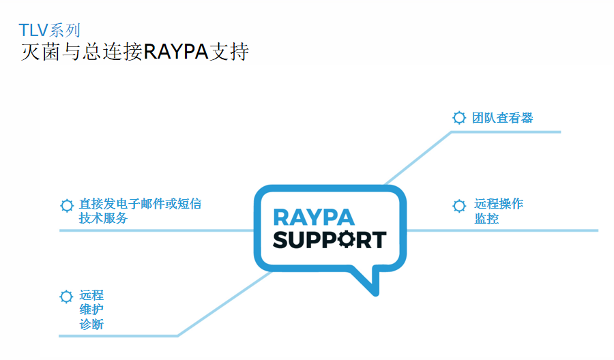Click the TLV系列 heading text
click(50, 30)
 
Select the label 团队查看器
click(503, 117)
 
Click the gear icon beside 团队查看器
click(459, 117)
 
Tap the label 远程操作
click(499, 204)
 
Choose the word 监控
click(486, 219)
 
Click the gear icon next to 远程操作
click(460, 205)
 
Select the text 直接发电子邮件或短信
click(140, 204)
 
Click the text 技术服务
click(103, 218)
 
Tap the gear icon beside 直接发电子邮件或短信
click(67, 205)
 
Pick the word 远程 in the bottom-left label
click(91, 295)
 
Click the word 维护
click(91, 310)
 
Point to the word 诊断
click(91, 325)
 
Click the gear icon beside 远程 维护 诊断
click(66, 297)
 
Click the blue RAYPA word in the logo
click(314, 217)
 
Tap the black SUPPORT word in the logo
click(330, 240)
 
